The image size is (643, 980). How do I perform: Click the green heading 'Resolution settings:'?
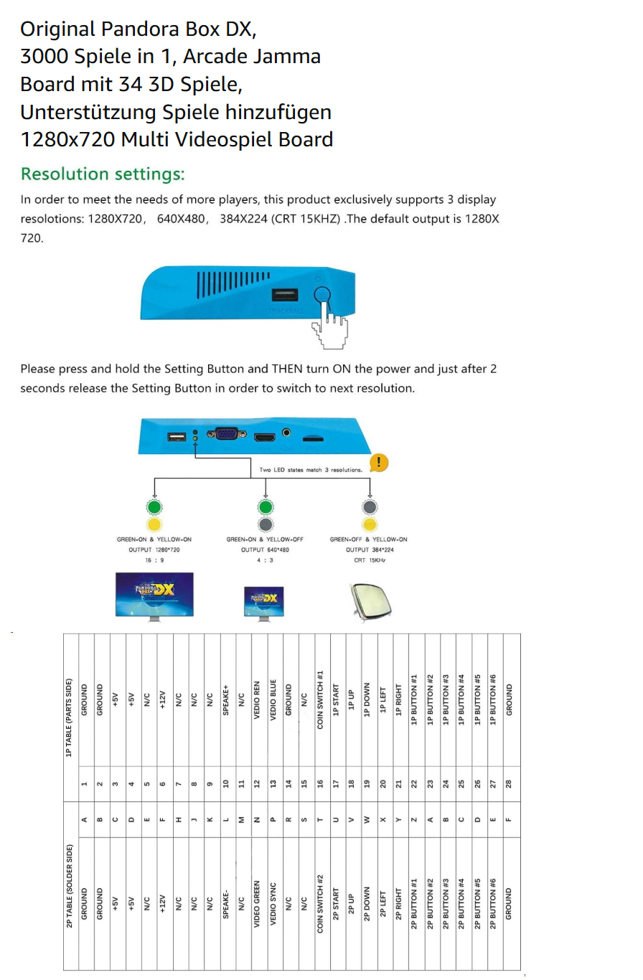pyautogui.click(x=103, y=174)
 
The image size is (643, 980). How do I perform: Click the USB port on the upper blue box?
pyautogui.click(x=285, y=294)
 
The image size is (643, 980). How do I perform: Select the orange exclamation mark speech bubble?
pyautogui.click(x=378, y=462)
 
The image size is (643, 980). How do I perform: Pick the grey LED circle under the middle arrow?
pyautogui.click(x=265, y=524)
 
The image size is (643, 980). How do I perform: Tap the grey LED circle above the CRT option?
pyautogui.click(x=370, y=507)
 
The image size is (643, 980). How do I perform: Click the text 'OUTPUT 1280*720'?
pyautogui.click(x=154, y=549)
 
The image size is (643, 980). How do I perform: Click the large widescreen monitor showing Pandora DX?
pyautogui.click(x=154, y=594)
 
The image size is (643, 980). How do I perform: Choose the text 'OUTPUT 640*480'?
pyautogui.click(x=263, y=549)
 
